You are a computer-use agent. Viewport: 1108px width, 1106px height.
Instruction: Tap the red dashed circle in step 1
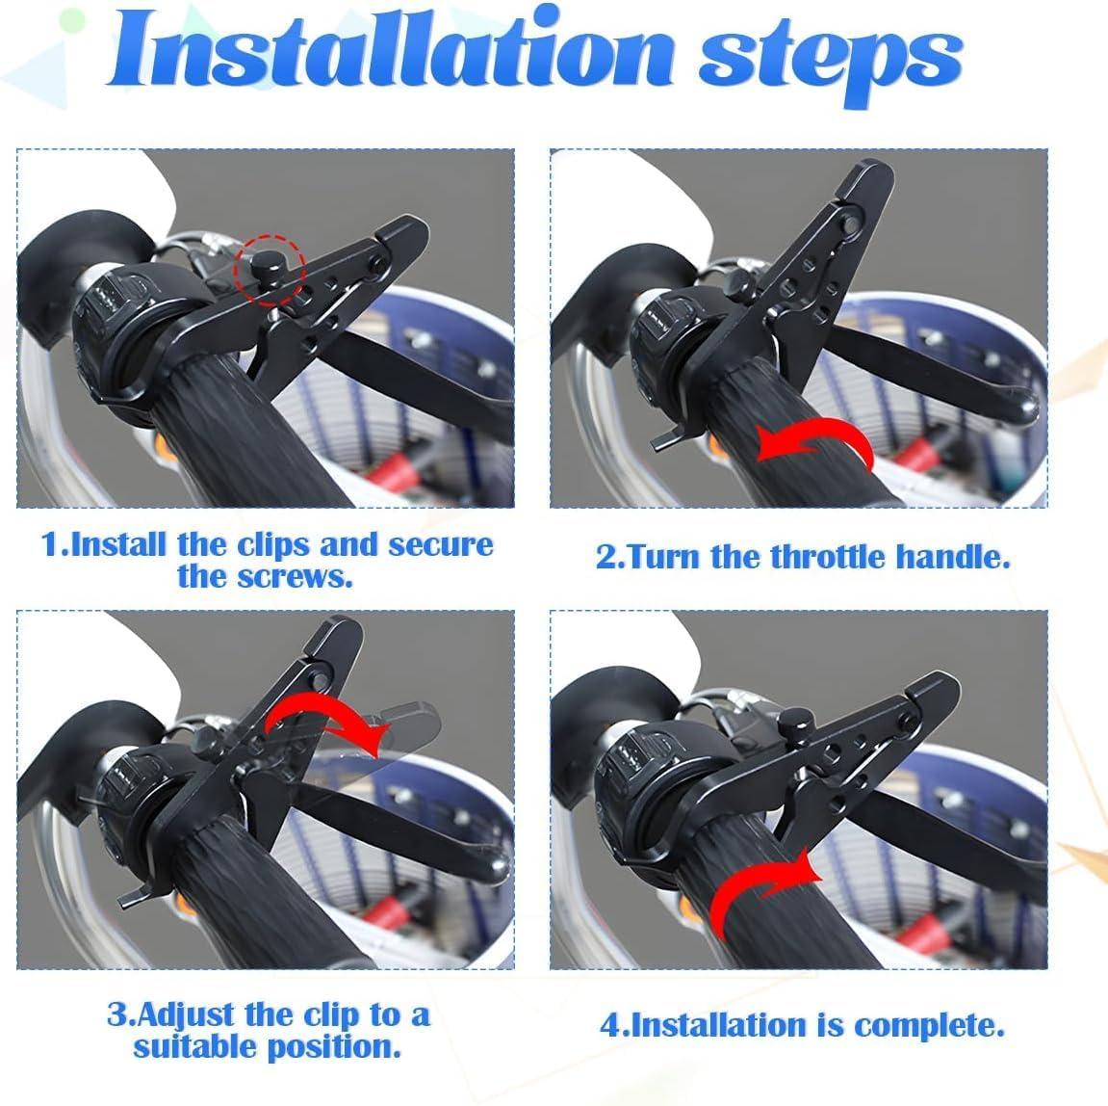271,267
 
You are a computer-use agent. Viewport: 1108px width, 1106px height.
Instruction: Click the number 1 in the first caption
51,544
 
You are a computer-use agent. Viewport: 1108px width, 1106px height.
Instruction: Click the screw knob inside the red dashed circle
263,262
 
